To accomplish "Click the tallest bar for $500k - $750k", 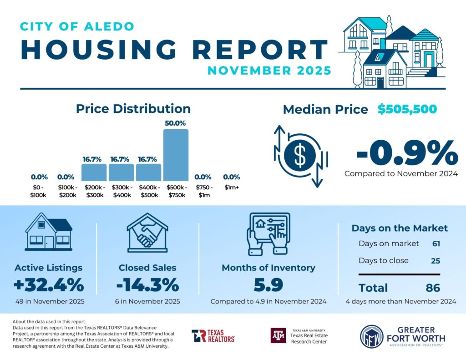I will coord(176,155).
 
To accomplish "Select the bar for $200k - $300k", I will coord(94,172).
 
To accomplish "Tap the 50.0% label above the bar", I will coord(176,123).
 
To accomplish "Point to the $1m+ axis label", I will coord(231,188).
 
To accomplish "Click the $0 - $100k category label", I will coord(39,191).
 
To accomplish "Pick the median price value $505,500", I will coord(407,109).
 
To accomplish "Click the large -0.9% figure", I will coord(406,153).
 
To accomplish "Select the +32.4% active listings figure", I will coord(49,285).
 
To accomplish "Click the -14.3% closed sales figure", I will coord(147,285).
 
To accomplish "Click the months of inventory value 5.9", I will coord(268,285).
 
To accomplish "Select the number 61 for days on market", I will coord(436,243).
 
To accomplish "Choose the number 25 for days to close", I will coord(436,261).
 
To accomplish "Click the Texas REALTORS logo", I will coord(213,336).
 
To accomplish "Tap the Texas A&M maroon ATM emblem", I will coord(278,336).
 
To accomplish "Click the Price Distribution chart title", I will coord(133,109).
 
